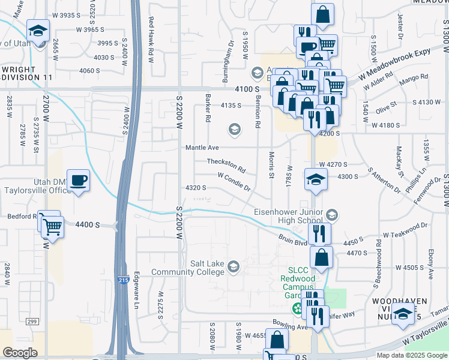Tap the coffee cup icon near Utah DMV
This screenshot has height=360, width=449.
tap(79, 179)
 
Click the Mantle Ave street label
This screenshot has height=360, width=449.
tap(202, 147)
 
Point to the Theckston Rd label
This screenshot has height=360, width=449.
tap(226, 163)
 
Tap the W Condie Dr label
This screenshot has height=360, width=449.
tap(234, 182)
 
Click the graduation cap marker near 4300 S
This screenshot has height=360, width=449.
tap(315, 179)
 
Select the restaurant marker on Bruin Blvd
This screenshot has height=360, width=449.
tap(319, 233)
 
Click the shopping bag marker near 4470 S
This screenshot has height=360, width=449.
tap(322, 257)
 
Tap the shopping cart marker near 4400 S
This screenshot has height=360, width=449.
tap(52, 226)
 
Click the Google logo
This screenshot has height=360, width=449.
tap(20, 353)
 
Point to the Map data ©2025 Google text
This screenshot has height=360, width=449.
tap(411, 355)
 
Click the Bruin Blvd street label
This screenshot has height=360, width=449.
tap(292, 239)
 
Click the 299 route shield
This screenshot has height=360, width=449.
tap(32, 322)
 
